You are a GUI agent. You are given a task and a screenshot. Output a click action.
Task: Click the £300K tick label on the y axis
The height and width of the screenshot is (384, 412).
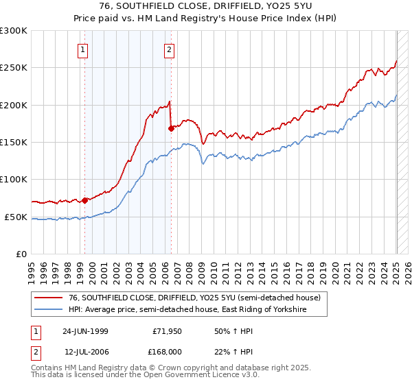click(14, 31)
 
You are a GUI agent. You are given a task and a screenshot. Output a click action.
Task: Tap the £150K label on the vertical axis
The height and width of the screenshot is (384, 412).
click(14, 143)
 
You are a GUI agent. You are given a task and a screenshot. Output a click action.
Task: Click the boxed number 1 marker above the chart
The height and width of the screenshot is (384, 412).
click(82, 49)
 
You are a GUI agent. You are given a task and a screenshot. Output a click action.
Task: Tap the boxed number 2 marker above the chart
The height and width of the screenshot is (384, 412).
click(169, 49)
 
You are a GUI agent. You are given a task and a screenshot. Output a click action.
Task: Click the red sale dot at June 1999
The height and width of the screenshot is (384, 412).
click(85, 200)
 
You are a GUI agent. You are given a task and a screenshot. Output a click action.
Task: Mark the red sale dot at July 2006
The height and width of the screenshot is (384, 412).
click(170, 128)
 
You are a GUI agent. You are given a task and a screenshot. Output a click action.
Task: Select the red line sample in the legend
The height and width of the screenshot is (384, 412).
click(49, 298)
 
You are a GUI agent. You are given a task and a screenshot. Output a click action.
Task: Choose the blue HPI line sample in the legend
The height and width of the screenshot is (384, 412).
click(49, 310)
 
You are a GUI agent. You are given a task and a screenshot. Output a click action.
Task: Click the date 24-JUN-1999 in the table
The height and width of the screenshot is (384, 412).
click(85, 331)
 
